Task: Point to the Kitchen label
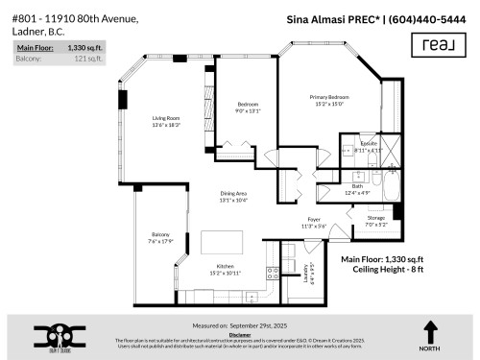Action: [224, 265]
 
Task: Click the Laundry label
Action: [309, 273]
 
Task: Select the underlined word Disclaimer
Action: [240, 333]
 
